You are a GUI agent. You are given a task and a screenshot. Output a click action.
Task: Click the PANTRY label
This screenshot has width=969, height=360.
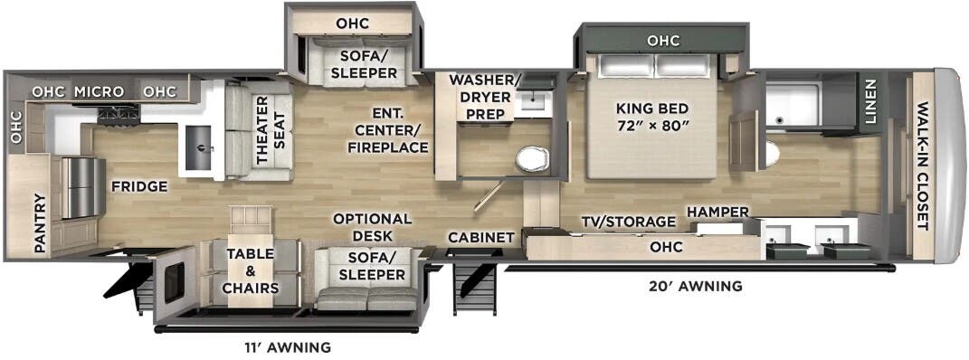[40, 223]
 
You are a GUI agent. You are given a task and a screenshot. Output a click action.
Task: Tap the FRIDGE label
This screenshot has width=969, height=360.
[139, 185]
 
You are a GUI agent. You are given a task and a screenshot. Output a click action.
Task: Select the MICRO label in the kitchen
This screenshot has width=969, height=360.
[100, 92]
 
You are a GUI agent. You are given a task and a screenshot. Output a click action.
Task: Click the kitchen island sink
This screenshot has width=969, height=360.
[199, 146]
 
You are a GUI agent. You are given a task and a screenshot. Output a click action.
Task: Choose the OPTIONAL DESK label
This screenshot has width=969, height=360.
[372, 227]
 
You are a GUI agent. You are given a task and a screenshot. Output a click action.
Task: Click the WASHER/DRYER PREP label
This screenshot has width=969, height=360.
[480, 97]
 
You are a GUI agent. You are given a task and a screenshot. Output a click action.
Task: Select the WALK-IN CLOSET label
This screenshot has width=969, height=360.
[922, 166]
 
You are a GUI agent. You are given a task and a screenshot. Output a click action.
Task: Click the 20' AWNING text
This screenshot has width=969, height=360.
[695, 286]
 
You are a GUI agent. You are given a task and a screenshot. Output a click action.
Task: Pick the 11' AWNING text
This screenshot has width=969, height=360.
[286, 347]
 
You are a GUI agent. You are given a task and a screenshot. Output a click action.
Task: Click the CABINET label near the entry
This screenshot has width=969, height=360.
[481, 237]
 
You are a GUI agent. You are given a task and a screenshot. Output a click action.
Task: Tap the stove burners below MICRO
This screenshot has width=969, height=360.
[118, 114]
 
